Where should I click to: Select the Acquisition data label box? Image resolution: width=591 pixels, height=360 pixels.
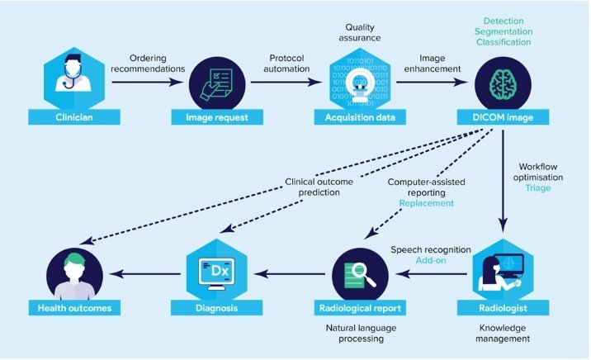point(358,117)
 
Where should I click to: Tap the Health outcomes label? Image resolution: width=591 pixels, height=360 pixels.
point(73,307)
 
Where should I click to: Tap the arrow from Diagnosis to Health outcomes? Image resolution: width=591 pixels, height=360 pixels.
point(141,275)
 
